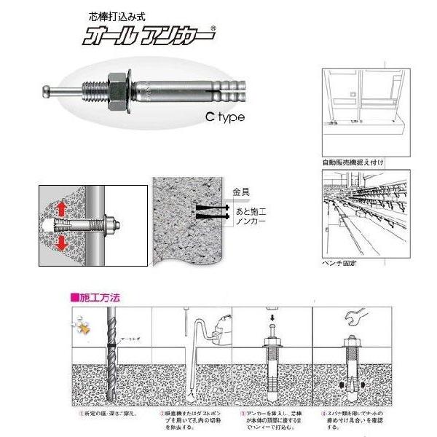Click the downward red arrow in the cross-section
(62, 240)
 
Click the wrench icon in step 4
(361, 317)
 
